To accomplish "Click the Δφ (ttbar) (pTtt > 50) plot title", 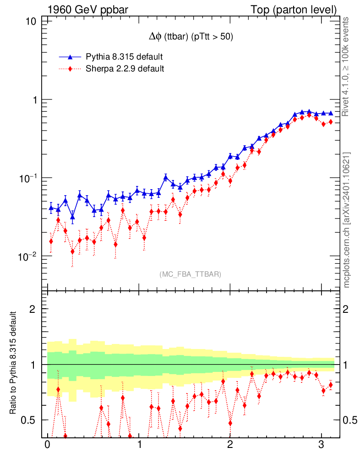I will (x=188, y=38).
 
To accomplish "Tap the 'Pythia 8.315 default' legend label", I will (x=125, y=57).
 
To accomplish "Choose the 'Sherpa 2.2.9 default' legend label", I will (x=125, y=69).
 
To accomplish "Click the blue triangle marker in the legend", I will (x=70, y=57).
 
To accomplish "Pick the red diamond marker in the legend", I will (x=70, y=69).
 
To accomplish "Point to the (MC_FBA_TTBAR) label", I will (x=190, y=274).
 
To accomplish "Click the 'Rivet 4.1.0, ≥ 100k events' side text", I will (x=346, y=67).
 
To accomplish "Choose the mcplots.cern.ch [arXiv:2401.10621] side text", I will (x=347, y=220).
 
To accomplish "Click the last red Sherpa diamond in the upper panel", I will (x=331, y=121).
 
